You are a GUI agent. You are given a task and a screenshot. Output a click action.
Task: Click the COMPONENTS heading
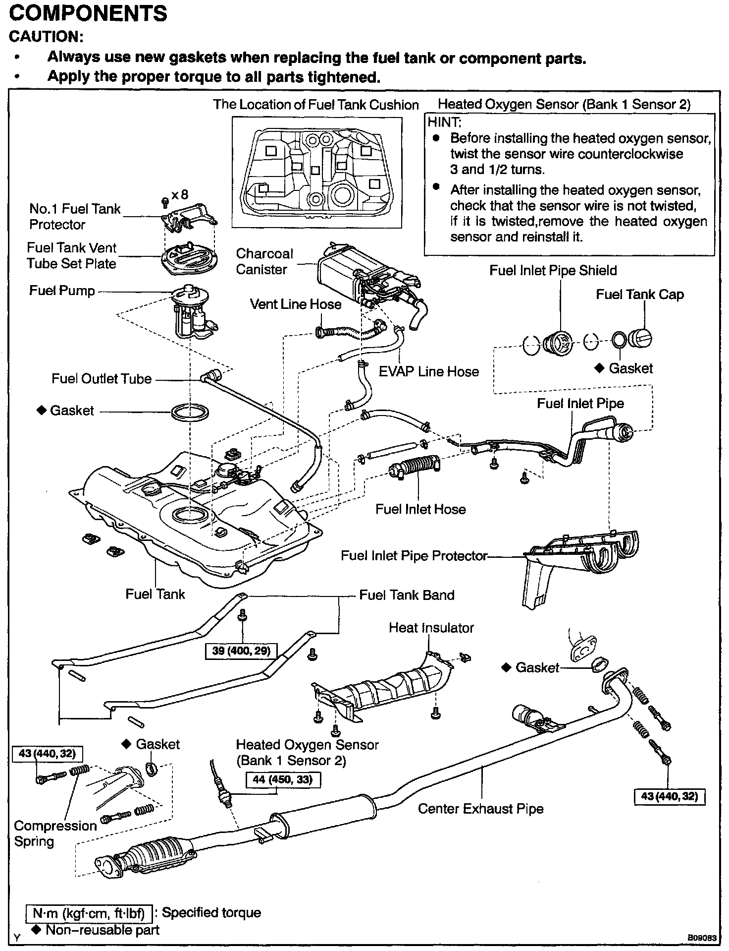pyautogui.click(x=88, y=13)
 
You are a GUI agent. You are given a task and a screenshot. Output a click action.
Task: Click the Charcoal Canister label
pyautogui.click(x=264, y=261)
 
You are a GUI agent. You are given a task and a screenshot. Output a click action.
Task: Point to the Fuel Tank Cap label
pyautogui.click(x=639, y=295)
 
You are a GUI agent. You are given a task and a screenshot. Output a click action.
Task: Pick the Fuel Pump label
pyautogui.click(x=62, y=291)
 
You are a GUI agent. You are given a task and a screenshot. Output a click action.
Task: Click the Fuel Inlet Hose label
pyautogui.click(x=420, y=509)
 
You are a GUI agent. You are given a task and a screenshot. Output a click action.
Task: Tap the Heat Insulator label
pyautogui.click(x=431, y=628)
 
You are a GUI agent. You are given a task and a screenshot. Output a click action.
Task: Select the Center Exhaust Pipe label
pyautogui.click(x=480, y=809)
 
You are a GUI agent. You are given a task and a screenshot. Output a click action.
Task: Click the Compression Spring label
pyautogui.click(x=55, y=833)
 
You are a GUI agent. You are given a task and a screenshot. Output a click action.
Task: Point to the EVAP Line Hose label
pyautogui.click(x=428, y=372)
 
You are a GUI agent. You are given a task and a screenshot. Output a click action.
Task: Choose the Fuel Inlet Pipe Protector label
pyautogui.click(x=414, y=556)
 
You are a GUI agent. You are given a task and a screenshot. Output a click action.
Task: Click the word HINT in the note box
pyautogui.click(x=444, y=122)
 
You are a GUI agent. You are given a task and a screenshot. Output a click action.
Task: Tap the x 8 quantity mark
pyautogui.click(x=180, y=194)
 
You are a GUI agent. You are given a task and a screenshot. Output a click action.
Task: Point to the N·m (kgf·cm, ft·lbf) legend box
pyautogui.click(x=89, y=913)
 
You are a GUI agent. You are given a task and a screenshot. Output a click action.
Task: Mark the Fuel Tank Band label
pyautogui.click(x=407, y=595)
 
